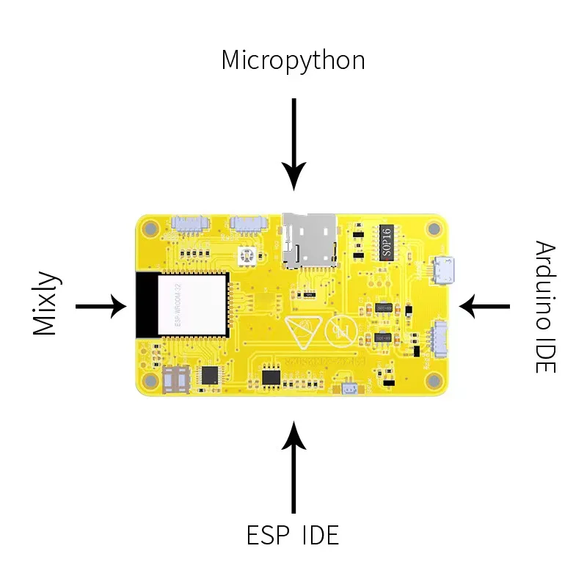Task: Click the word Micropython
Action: [293, 60]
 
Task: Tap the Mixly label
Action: [44, 305]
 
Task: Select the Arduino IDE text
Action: [544, 306]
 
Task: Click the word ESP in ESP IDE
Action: [264, 535]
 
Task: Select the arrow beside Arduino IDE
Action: [484, 305]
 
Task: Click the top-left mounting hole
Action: [150, 228]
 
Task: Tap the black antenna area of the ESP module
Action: [146, 304]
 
